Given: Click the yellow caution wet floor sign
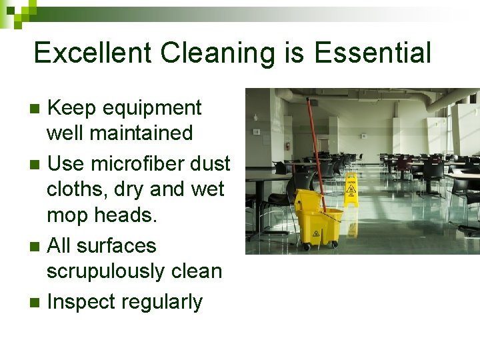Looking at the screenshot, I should tap(351, 189).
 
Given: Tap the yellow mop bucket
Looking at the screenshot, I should tap(317, 217).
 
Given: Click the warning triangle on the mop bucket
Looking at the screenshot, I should tap(315, 235).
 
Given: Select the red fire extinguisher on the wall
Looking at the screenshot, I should tap(287, 146).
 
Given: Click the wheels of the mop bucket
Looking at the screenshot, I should tap(307, 247).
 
